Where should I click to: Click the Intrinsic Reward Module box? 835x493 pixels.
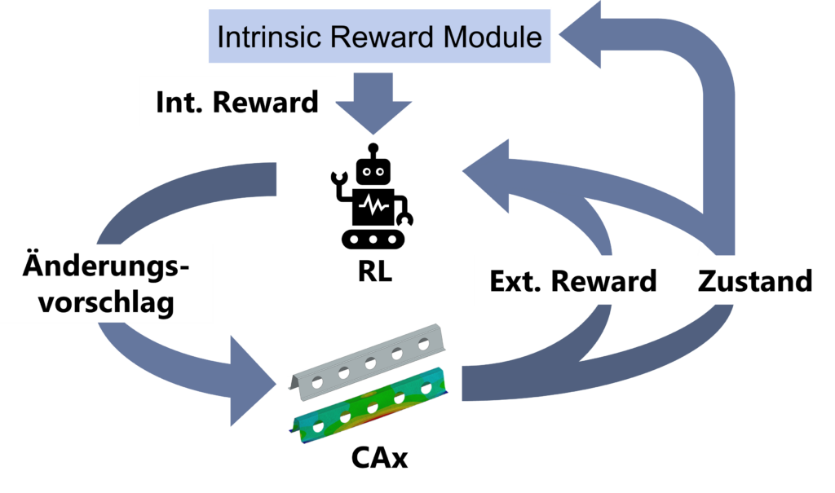pyautogui.click(x=380, y=37)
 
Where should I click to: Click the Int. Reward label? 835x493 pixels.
pyautogui.click(x=236, y=103)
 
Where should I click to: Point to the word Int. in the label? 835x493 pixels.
pyautogui.click(x=175, y=103)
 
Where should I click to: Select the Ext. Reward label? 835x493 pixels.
pyautogui.click(x=572, y=281)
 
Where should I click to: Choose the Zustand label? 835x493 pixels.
pyautogui.click(x=755, y=281)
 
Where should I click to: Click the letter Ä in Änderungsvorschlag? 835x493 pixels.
pyautogui.click(x=34, y=266)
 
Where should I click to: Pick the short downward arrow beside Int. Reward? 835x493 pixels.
pyautogui.click(x=374, y=103)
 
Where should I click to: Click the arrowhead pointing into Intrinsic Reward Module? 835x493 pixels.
pyautogui.click(x=583, y=37)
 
